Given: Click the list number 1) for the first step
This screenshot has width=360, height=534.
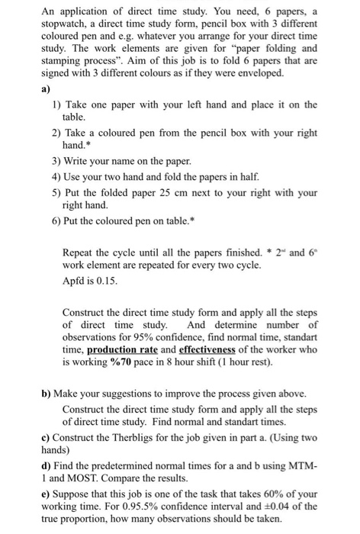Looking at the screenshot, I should pos(57,104).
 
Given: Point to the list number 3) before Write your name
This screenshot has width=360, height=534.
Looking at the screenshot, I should pos(57,161).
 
